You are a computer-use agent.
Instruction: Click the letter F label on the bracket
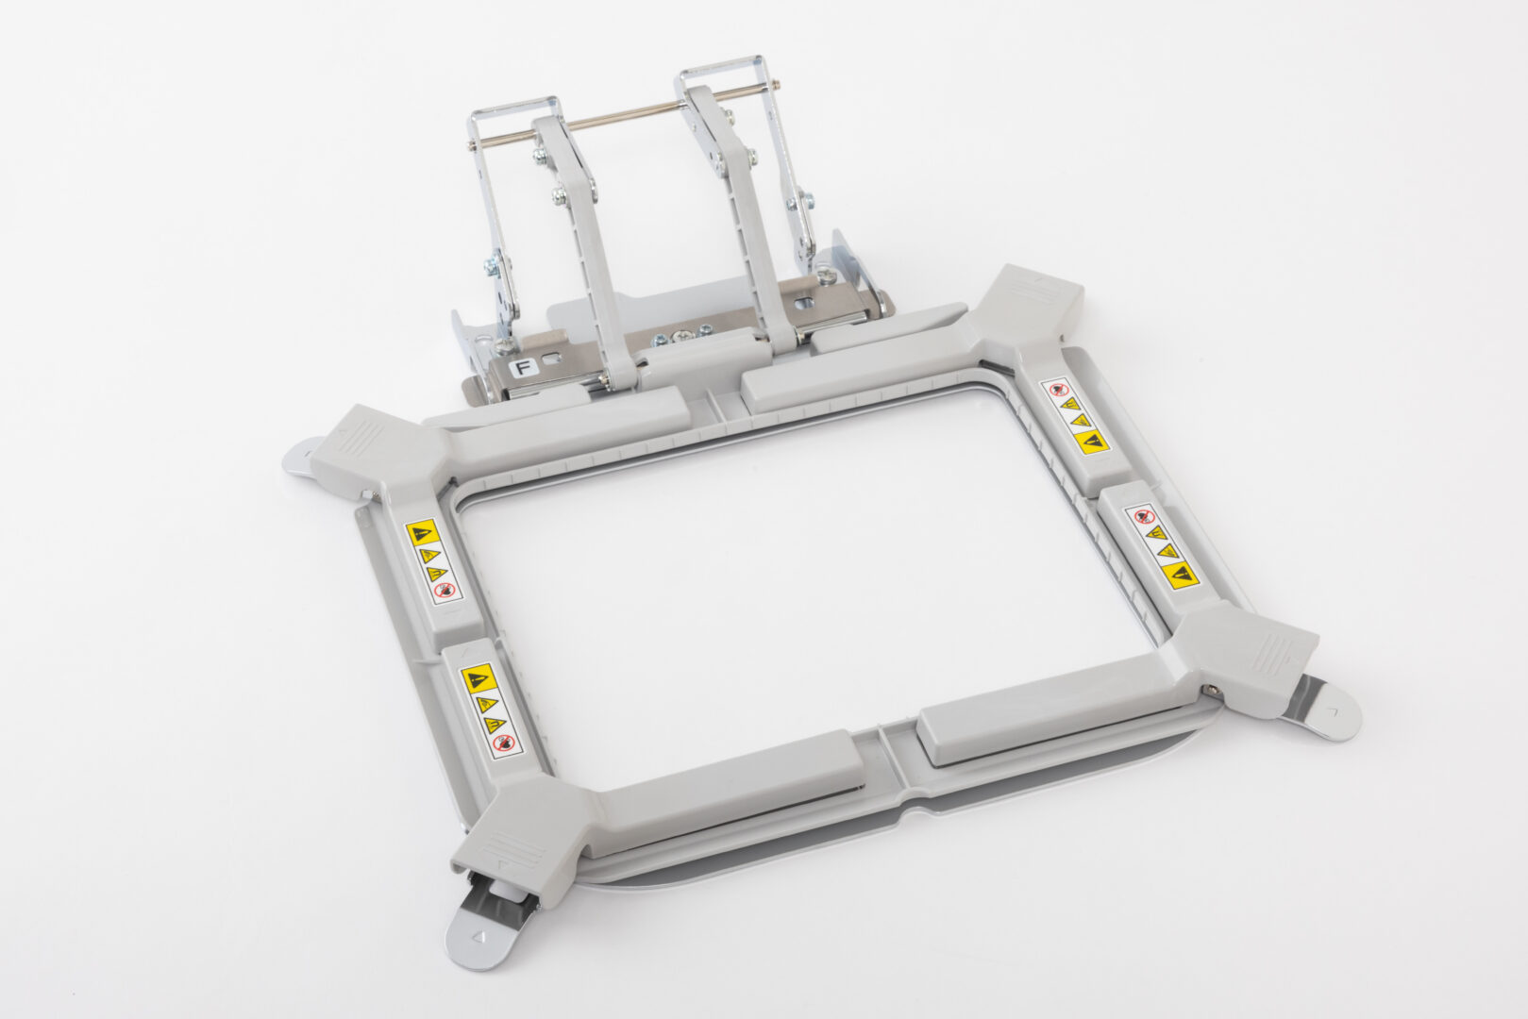pyautogui.click(x=521, y=367)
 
